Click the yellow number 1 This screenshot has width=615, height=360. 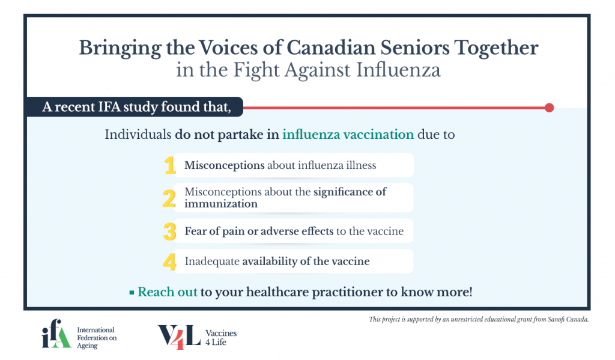click(170, 165)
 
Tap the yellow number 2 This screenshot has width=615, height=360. click(169, 198)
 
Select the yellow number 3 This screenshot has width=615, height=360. click(169, 231)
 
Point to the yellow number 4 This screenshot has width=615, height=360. click(169, 262)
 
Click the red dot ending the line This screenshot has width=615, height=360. click(549, 108)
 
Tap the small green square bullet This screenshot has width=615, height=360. click(132, 293)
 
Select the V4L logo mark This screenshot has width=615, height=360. click(179, 337)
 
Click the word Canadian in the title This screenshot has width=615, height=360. click(331, 47)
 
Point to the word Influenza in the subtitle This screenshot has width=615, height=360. click(398, 70)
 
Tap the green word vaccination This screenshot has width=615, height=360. click(378, 134)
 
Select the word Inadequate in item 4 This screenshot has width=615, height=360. click(212, 261)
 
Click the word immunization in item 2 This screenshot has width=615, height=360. click(221, 204)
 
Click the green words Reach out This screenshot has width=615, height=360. click(168, 292)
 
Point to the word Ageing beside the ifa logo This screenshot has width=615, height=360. click(87, 346)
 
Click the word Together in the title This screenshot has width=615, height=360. click(496, 47)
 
